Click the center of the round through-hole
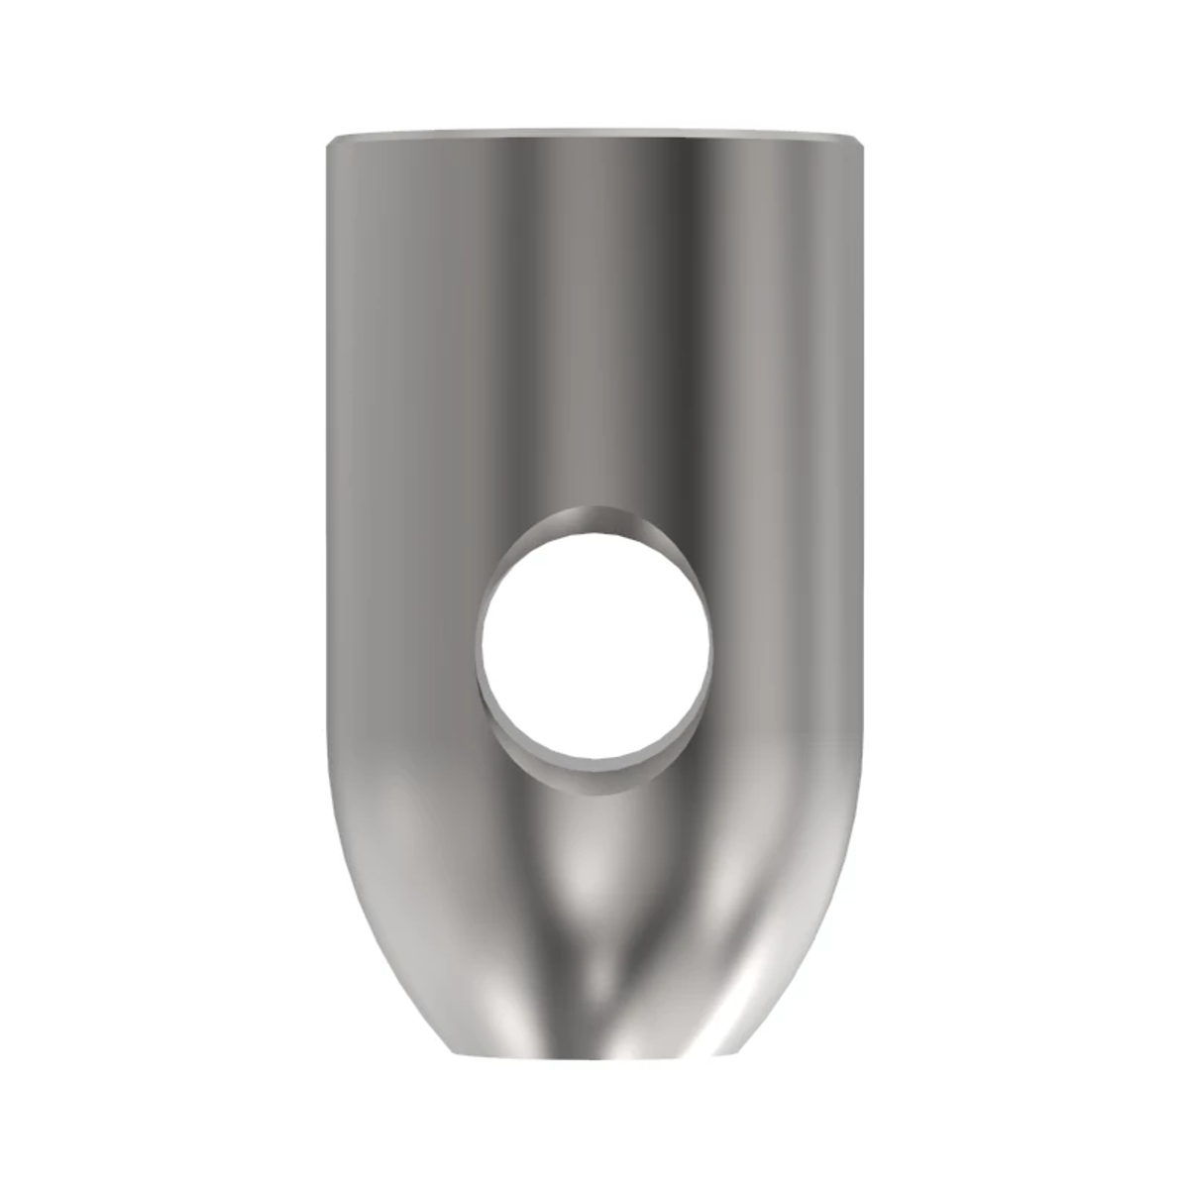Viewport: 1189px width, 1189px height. pyautogui.click(x=594, y=638)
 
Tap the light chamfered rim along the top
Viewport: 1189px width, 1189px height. pyautogui.click(x=594, y=133)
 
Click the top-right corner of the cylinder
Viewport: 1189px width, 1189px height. pyautogui.click(x=866, y=141)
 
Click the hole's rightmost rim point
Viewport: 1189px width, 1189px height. pyautogui.click(x=711, y=639)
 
